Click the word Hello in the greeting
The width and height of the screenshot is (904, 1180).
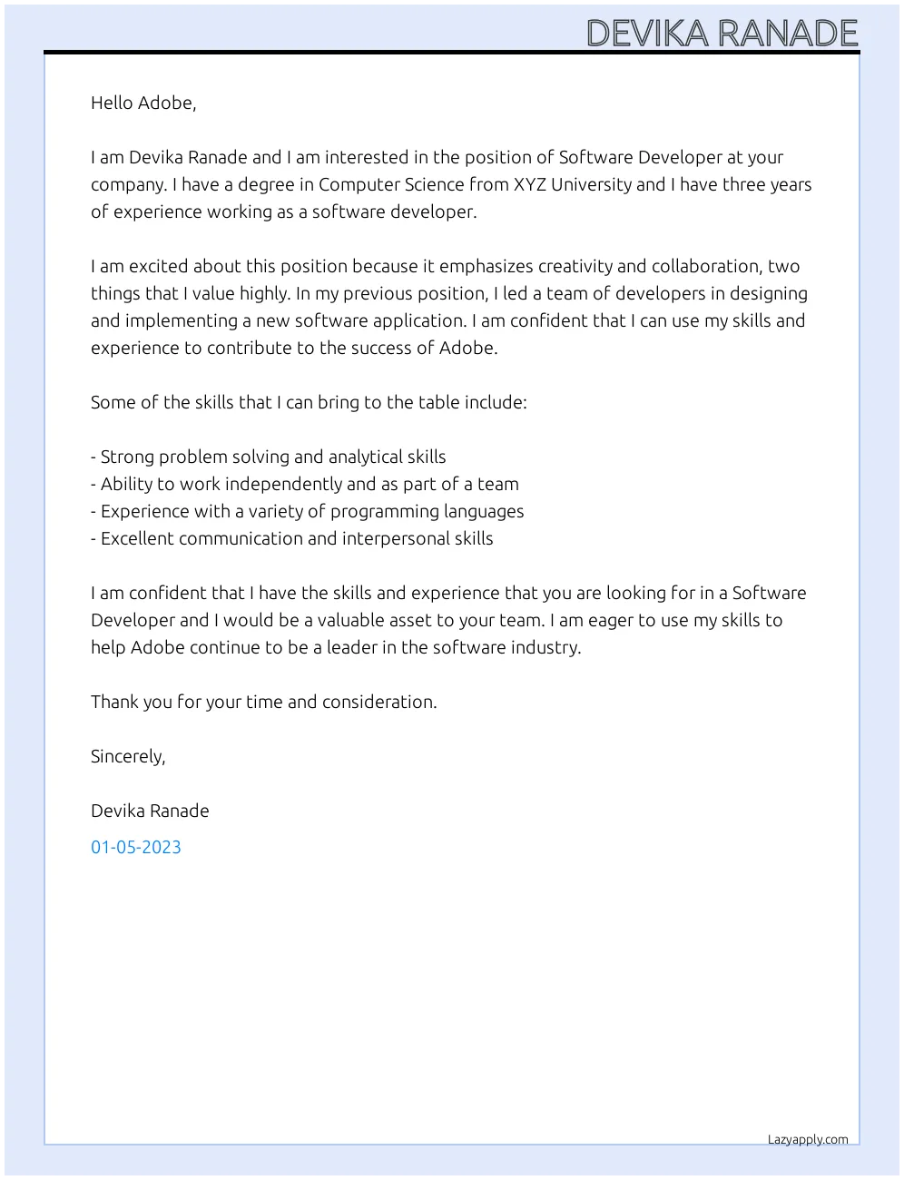point(113,103)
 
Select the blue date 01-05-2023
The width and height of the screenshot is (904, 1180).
point(136,847)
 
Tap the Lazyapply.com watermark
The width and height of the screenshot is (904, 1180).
point(807,1139)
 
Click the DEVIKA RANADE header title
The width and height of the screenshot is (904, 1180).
point(722,34)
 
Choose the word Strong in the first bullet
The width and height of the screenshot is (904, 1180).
point(127,457)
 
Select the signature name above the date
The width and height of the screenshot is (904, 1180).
point(150,811)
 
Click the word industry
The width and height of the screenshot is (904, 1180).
point(545,647)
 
